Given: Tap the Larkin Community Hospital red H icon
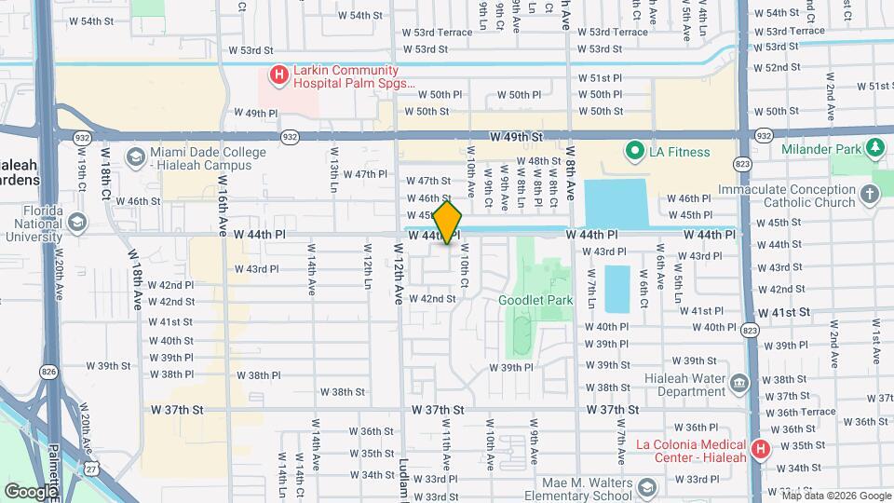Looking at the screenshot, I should pos(278,75).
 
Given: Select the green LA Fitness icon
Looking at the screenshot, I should pos(636,151).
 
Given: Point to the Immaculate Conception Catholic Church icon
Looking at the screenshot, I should pos(869,195).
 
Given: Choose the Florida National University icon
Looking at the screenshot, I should pos(76,223).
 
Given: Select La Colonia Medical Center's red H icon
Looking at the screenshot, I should pos(760,449).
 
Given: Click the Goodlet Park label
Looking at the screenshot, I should pos(535,300).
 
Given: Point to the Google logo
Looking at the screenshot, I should pos(31,491).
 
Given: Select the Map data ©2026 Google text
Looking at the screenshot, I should pos(836,496).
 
